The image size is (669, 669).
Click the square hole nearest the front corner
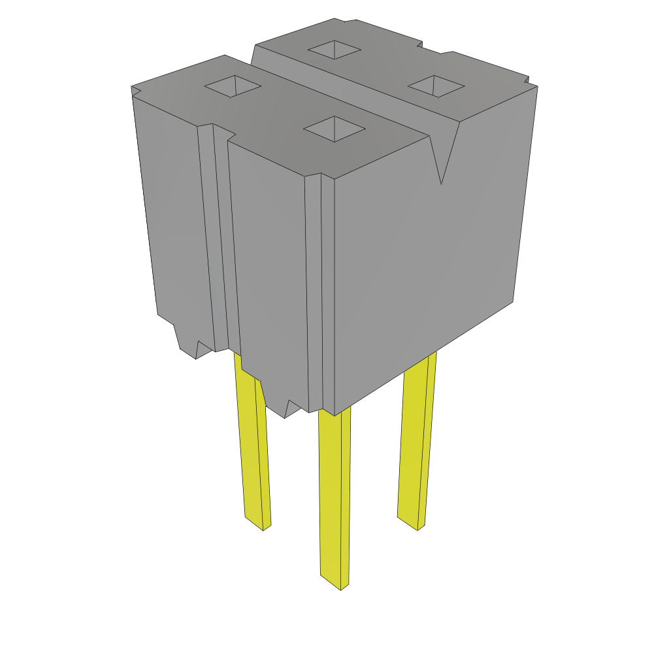[334, 129]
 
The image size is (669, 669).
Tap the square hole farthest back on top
[334, 49]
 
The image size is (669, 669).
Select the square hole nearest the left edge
[233, 86]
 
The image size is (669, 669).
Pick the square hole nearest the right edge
[436, 86]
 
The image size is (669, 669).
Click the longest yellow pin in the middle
[333, 497]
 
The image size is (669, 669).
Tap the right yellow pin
[416, 444]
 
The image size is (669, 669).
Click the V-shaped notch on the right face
[442, 157]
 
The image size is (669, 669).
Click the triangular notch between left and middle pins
[291, 409]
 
